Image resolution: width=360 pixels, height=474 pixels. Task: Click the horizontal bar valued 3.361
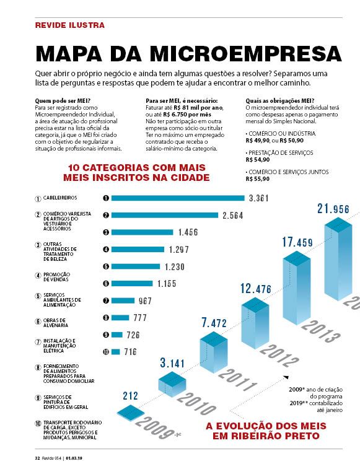[178, 198]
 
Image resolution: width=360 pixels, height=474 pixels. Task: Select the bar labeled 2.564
[164, 215]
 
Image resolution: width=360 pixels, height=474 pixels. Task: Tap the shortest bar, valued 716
[115, 352]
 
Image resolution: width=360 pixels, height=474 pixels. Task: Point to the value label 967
[145, 301]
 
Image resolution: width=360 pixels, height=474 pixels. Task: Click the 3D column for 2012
[255, 323]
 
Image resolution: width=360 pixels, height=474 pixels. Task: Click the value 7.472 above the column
[214, 323]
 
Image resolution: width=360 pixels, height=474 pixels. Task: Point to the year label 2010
[196, 403]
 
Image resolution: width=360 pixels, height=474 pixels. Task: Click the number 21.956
[333, 209]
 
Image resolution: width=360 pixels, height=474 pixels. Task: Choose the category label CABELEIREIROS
[60, 198]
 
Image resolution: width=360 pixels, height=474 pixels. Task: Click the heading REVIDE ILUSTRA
[70, 25]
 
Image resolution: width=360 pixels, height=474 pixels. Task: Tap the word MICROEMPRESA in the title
[246, 54]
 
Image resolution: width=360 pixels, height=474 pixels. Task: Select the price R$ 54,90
[258, 160]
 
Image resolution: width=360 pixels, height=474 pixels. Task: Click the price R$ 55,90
[258, 178]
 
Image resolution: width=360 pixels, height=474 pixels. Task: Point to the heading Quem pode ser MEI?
[63, 100]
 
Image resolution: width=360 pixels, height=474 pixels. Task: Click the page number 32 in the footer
[37, 458]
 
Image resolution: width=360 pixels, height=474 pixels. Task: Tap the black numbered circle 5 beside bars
[106, 266]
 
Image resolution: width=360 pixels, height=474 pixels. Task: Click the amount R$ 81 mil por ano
[198, 108]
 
